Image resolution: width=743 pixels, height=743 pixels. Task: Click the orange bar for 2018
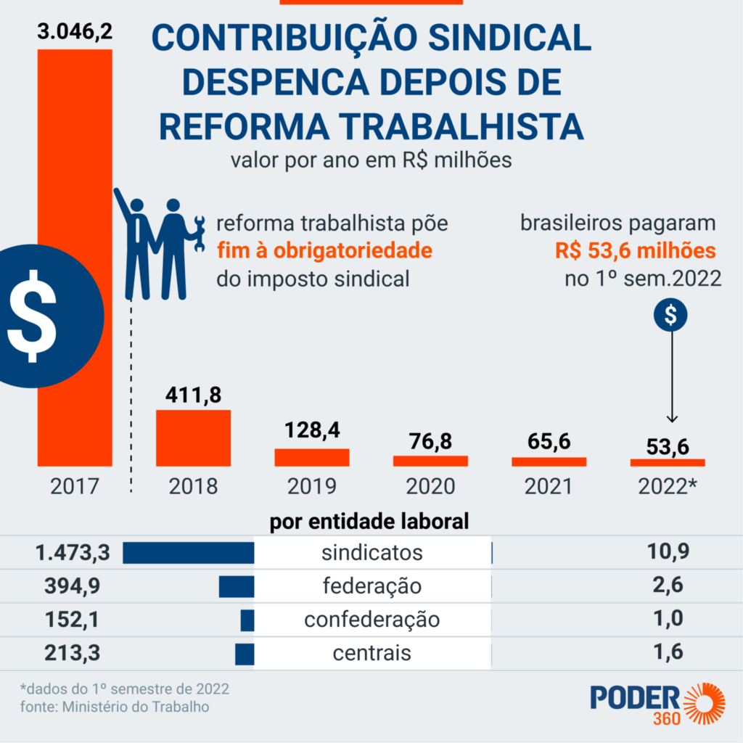pyautogui.click(x=194, y=438)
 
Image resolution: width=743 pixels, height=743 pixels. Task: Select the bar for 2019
pyautogui.click(x=311, y=457)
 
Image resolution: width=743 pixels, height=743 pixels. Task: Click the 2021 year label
pyautogui.click(x=549, y=486)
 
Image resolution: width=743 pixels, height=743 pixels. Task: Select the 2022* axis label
pyautogui.click(x=667, y=486)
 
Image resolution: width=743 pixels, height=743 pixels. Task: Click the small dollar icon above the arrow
pyautogui.click(x=671, y=314)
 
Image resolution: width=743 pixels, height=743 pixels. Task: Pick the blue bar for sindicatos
pyautogui.click(x=189, y=552)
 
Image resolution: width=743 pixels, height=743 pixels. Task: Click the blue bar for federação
pyautogui.click(x=237, y=586)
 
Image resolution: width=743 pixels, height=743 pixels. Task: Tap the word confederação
pyautogui.click(x=371, y=620)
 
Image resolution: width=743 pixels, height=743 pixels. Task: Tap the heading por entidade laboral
pyautogui.click(x=369, y=522)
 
